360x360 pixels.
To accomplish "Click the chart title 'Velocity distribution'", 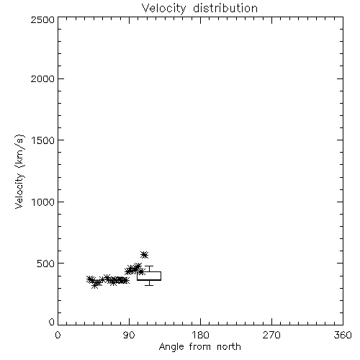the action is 199,9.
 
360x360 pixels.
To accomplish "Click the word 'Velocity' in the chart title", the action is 163,9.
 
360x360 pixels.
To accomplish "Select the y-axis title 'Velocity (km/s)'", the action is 19,171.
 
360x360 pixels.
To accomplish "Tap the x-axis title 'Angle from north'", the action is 200,346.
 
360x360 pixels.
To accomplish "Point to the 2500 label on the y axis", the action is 42,19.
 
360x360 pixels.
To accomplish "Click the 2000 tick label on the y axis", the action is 42,78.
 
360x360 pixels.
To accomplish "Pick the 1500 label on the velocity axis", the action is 43,140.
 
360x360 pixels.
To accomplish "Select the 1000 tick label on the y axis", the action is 43,202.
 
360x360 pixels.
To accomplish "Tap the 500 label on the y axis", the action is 46,264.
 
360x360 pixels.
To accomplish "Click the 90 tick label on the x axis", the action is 129,335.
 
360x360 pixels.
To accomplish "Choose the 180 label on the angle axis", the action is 200,335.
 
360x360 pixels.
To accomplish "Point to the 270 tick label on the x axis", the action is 271,335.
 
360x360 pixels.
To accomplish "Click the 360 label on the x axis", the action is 343,335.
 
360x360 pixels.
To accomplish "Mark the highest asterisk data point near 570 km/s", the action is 144,255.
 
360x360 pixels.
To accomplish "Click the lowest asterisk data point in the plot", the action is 95,285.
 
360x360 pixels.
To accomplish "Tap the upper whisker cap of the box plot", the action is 149,266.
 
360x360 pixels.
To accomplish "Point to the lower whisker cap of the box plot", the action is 149,285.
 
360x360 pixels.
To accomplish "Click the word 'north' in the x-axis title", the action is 229,346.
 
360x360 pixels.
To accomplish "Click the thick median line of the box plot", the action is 149,280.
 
